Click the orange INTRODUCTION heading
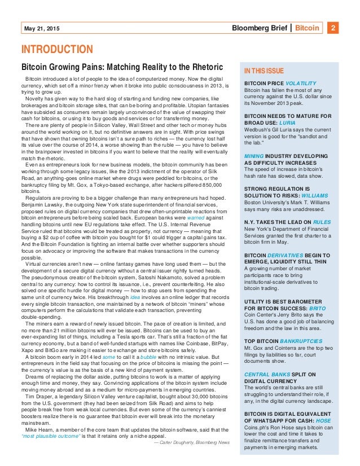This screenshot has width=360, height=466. [56, 50]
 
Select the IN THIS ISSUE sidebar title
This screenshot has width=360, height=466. [264, 72]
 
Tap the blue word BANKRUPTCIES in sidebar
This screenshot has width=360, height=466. [302, 341]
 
